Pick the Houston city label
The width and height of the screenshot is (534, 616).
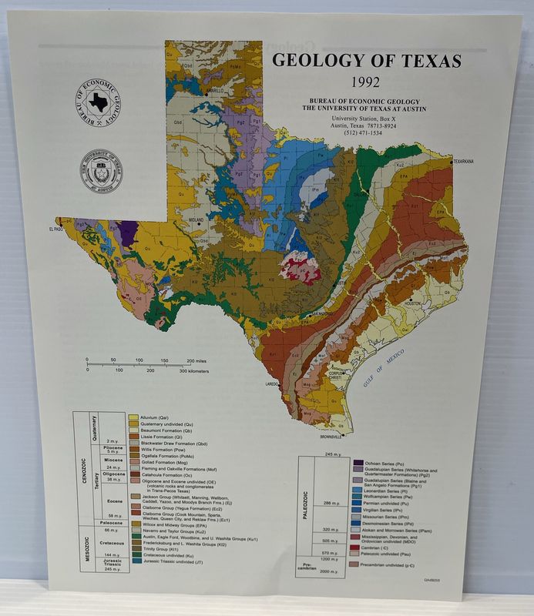[x=412, y=303]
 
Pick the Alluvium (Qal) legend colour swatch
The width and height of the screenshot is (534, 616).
[x=133, y=417]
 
